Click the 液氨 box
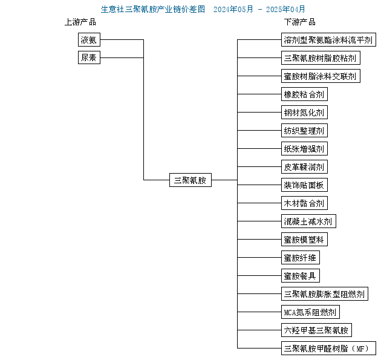click(x=89, y=39)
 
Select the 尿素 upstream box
click(x=89, y=57)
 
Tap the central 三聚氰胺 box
click(x=190, y=180)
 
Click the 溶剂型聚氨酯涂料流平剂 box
click(x=328, y=39)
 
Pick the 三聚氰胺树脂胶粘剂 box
click(x=321, y=58)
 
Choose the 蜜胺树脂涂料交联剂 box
click(x=321, y=76)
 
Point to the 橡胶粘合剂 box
click(x=304, y=94)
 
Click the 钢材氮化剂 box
click(x=304, y=113)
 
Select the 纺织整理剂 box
click(x=304, y=131)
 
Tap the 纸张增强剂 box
click(x=304, y=148)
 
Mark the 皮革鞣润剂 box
click(x=304, y=167)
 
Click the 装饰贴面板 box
click(x=304, y=185)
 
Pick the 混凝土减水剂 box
click(x=308, y=221)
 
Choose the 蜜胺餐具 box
click(x=301, y=276)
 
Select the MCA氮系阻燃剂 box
click(x=310, y=312)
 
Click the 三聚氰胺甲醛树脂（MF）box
click(x=328, y=349)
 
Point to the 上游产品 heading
click(x=80, y=22)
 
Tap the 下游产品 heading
click(x=300, y=22)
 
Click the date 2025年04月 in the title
click(x=285, y=10)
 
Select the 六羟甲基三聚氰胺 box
click(x=316, y=330)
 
